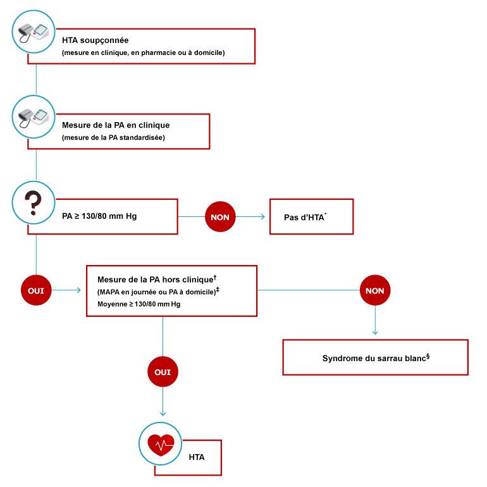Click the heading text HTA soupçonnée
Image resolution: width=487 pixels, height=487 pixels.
[x=95, y=40]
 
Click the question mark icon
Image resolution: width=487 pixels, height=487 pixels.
[x=32, y=202]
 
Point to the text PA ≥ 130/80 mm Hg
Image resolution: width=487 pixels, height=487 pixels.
[x=99, y=216]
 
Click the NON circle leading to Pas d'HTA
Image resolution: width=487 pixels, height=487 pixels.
[x=220, y=217]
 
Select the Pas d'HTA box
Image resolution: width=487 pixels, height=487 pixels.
[x=311, y=217]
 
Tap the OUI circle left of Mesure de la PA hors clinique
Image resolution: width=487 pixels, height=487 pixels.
[x=36, y=290]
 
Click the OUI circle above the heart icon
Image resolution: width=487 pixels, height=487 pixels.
[x=163, y=372]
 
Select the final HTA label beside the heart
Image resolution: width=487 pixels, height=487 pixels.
[x=197, y=457]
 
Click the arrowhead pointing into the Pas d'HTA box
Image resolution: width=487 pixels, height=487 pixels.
[x=262, y=217]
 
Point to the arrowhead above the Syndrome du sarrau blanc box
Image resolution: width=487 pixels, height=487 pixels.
[x=375, y=332]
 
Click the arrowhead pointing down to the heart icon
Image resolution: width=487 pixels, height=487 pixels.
[x=163, y=414]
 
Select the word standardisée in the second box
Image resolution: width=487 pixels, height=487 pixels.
[x=144, y=138]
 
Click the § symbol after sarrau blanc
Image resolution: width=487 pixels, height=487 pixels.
[x=428, y=355]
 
